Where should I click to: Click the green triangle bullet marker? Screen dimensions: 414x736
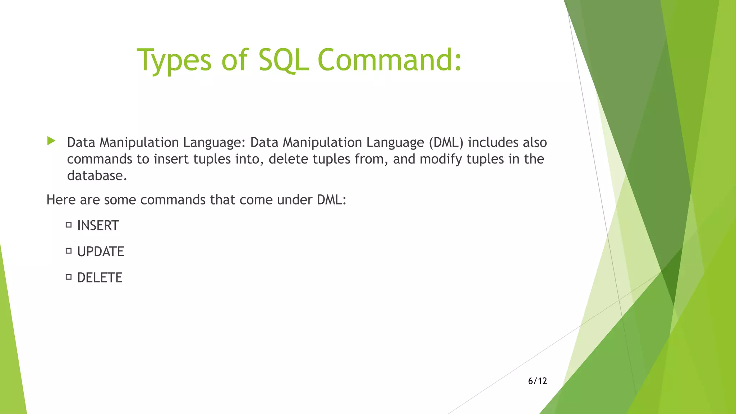coord(51,141)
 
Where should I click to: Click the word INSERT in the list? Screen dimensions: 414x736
coord(98,226)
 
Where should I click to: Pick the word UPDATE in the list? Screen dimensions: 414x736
coord(101,252)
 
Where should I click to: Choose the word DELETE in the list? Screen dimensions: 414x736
coord(100,278)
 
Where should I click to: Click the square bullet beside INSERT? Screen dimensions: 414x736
coord(69,225)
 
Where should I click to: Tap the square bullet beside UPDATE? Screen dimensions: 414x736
coord(69,251)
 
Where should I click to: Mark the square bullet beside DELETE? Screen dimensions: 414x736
coord(69,277)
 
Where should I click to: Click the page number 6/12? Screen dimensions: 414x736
coord(537,381)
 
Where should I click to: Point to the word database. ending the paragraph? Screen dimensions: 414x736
coord(97,176)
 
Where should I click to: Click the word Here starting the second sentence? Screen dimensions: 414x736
coord(61,200)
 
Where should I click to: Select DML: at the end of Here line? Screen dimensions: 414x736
coord(331,200)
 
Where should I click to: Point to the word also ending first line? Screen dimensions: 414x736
coord(535,143)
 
